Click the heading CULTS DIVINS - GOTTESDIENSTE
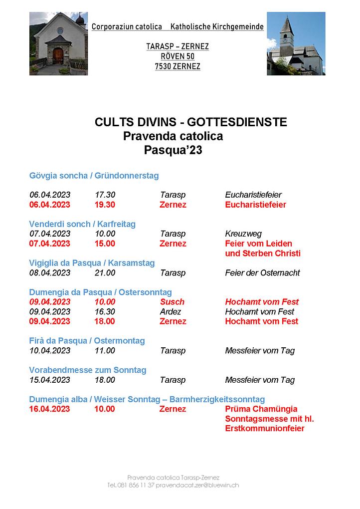(190, 122)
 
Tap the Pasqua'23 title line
(173, 151)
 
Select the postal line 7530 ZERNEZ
(177, 66)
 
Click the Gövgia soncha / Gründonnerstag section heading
(94, 176)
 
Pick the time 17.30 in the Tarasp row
(105, 195)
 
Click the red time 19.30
(105, 205)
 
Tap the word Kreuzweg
(243, 234)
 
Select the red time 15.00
(105, 244)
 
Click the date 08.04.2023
(50, 273)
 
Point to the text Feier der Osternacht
(262, 273)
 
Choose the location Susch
(172, 302)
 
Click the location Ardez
(171, 312)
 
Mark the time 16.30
(105, 312)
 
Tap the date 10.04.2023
(50, 351)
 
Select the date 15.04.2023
(50, 380)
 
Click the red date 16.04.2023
(50, 409)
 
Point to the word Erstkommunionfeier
(264, 429)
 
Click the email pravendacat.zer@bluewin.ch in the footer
(197, 485)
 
